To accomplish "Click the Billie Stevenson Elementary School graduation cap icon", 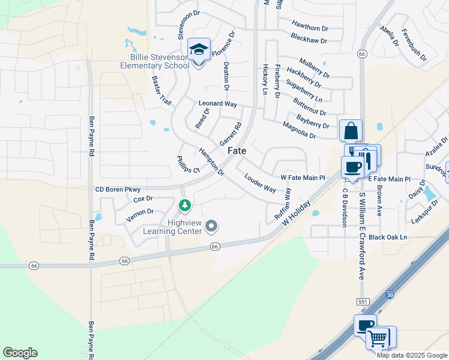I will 199,49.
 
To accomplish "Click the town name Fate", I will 237,151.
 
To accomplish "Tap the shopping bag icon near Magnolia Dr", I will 351,130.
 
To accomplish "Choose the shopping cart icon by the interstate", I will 379,338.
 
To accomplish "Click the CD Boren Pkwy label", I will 118,190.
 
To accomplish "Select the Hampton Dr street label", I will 211,163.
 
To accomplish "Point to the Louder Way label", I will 260,183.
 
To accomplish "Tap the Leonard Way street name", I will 217,104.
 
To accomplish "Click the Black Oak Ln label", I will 388,238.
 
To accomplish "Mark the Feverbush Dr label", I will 414,45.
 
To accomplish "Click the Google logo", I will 20,353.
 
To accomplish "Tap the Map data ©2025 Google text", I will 412,355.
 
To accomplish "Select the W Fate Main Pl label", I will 303,178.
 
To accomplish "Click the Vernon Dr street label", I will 140,214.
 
